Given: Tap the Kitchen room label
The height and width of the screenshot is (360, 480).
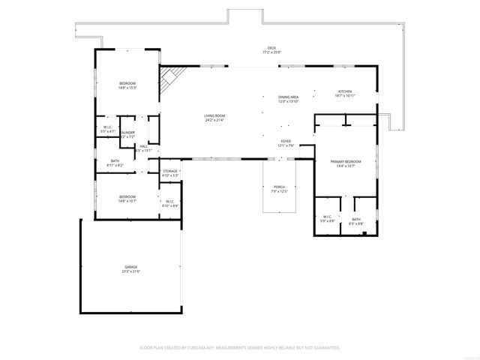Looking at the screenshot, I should point(344,91).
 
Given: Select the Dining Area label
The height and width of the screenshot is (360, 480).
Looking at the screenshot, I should point(289,97).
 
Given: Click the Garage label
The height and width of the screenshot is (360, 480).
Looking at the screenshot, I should point(130,267).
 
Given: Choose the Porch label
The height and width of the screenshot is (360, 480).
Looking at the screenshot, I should point(279,187).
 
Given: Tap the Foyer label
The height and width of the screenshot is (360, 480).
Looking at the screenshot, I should point(286,141).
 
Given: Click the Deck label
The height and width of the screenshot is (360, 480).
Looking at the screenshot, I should point(272,48).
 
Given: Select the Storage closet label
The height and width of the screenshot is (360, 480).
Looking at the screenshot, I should point(170,172).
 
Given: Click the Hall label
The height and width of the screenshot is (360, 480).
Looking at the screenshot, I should point(142,146).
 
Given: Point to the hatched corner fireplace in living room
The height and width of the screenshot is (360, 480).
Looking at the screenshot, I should point(171,77).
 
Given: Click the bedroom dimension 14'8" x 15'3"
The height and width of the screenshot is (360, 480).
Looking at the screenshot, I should point(127,88).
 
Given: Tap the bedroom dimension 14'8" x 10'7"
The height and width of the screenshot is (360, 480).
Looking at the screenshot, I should point(127,201).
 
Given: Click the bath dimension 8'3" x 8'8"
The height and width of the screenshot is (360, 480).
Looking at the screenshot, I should point(356,223).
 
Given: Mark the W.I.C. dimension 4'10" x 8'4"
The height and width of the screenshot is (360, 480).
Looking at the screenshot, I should point(169,205).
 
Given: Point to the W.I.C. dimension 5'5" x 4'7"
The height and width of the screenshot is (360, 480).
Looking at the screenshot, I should point(107,131).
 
